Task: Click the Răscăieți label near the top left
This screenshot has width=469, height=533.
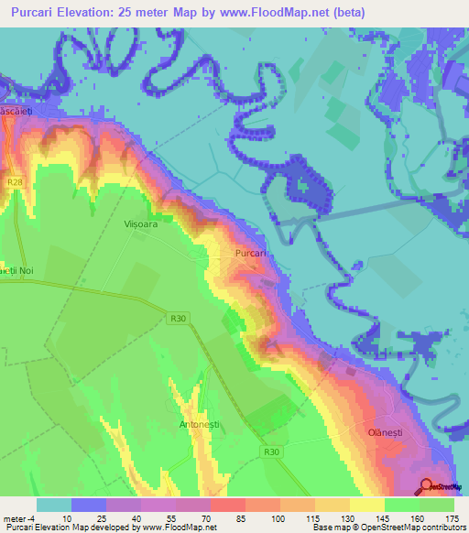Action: pyautogui.click(x=16, y=110)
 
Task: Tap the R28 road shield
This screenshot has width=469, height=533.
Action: pyautogui.click(x=15, y=182)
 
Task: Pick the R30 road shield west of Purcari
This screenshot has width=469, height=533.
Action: pyautogui.click(x=179, y=318)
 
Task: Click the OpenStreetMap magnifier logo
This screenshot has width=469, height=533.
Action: pyautogui.click(x=428, y=485)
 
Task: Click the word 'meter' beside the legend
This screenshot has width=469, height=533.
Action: pyautogui.click(x=13, y=519)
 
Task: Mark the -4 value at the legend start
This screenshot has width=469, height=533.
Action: pyautogui.click(x=33, y=519)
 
